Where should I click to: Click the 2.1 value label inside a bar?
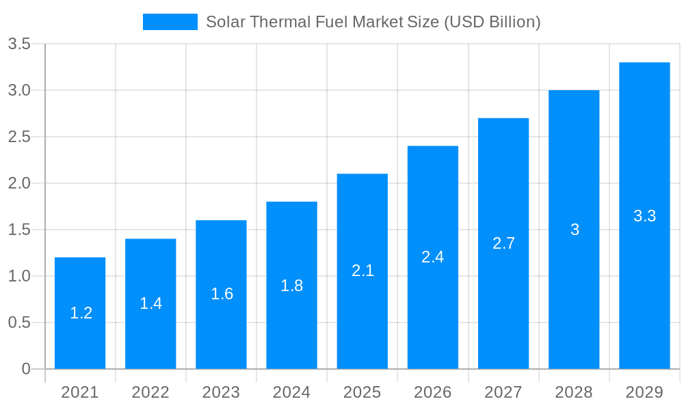(363, 271)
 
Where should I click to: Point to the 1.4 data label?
(150, 303)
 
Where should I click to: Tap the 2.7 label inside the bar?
(503, 243)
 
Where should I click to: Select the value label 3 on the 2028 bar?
(575, 230)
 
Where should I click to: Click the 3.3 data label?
(644, 216)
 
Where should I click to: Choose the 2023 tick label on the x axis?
(221, 392)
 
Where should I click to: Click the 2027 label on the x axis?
(503, 392)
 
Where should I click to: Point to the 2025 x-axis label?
(362, 392)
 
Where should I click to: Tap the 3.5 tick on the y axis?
(19, 44)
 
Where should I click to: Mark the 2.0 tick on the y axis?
(19, 183)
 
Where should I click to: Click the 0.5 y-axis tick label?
(19, 323)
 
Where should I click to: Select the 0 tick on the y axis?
(26, 369)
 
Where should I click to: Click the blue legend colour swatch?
(170, 22)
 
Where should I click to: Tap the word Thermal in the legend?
(277, 22)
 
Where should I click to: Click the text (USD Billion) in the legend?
(492, 22)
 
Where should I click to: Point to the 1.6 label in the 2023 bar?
(222, 294)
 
